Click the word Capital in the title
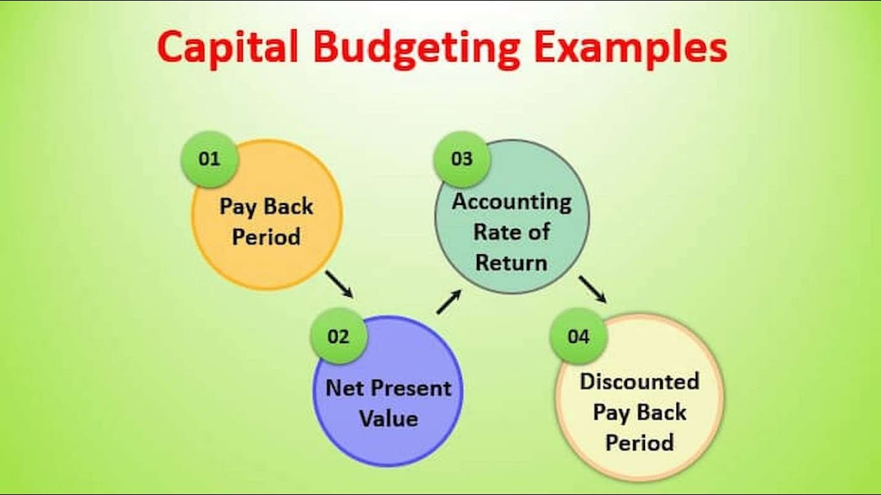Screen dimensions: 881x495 227,48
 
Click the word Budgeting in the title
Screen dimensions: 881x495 417,49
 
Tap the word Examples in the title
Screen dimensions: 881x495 630,48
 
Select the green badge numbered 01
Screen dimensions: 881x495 210,159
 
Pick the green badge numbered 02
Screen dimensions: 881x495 339,336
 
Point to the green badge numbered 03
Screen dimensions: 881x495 462,159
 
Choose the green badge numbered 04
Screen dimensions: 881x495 579,336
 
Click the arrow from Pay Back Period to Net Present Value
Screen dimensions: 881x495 339,284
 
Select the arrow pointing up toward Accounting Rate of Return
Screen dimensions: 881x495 449,302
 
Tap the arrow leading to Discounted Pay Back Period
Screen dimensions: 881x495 593,289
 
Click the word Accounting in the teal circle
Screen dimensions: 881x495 511,203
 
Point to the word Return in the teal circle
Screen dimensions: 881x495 511,263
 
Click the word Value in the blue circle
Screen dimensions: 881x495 389,419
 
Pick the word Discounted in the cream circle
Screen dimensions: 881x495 639,382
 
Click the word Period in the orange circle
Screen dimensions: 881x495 266,236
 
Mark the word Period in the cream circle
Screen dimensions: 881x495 639,442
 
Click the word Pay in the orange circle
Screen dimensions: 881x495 237,207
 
